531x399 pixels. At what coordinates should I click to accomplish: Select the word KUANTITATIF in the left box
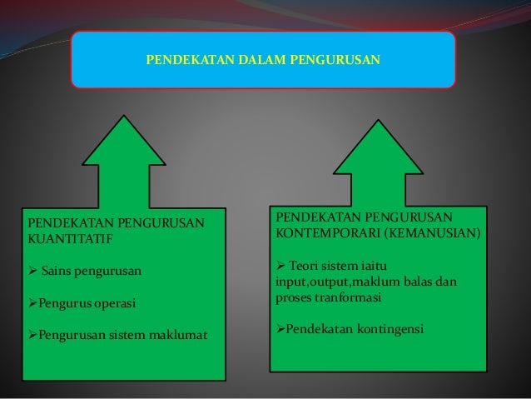click(x=69, y=239)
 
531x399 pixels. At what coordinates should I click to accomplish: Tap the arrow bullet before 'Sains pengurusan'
click(x=32, y=272)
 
